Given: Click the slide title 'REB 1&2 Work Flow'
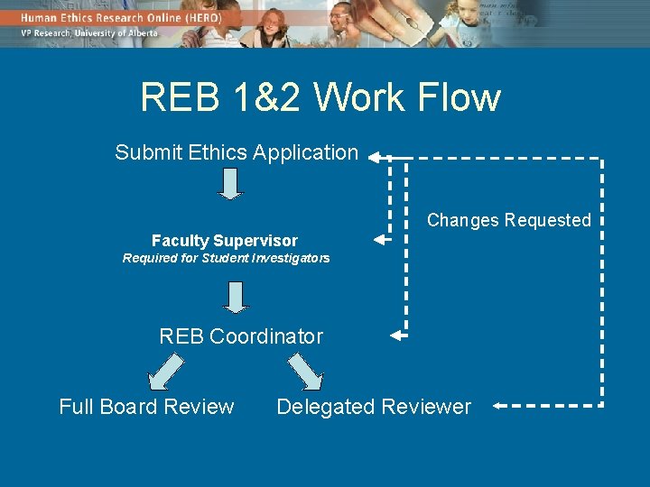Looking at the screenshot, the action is click(x=320, y=98).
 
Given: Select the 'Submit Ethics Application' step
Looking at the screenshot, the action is click(x=237, y=152).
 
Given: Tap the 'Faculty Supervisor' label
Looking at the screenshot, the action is click(x=224, y=241).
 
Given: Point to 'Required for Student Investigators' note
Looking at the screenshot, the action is click(x=226, y=259).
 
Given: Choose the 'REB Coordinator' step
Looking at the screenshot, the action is click(x=241, y=336).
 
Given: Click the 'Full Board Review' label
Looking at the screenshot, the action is click(x=146, y=407).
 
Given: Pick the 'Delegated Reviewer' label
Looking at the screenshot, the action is click(x=374, y=407).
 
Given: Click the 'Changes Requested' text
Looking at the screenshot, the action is click(x=508, y=220).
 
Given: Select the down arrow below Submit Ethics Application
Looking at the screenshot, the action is click(x=231, y=183).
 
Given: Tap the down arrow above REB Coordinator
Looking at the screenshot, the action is click(x=236, y=297).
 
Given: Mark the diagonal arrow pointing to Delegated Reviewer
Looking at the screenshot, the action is click(x=305, y=371).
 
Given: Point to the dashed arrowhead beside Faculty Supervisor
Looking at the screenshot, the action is click(x=380, y=241).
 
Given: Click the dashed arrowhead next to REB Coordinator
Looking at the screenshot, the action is click(x=397, y=335).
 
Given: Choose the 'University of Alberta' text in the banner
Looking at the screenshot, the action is click(x=116, y=33).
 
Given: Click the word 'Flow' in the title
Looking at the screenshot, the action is click(x=463, y=98).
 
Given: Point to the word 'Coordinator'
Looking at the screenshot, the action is click(x=265, y=336).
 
